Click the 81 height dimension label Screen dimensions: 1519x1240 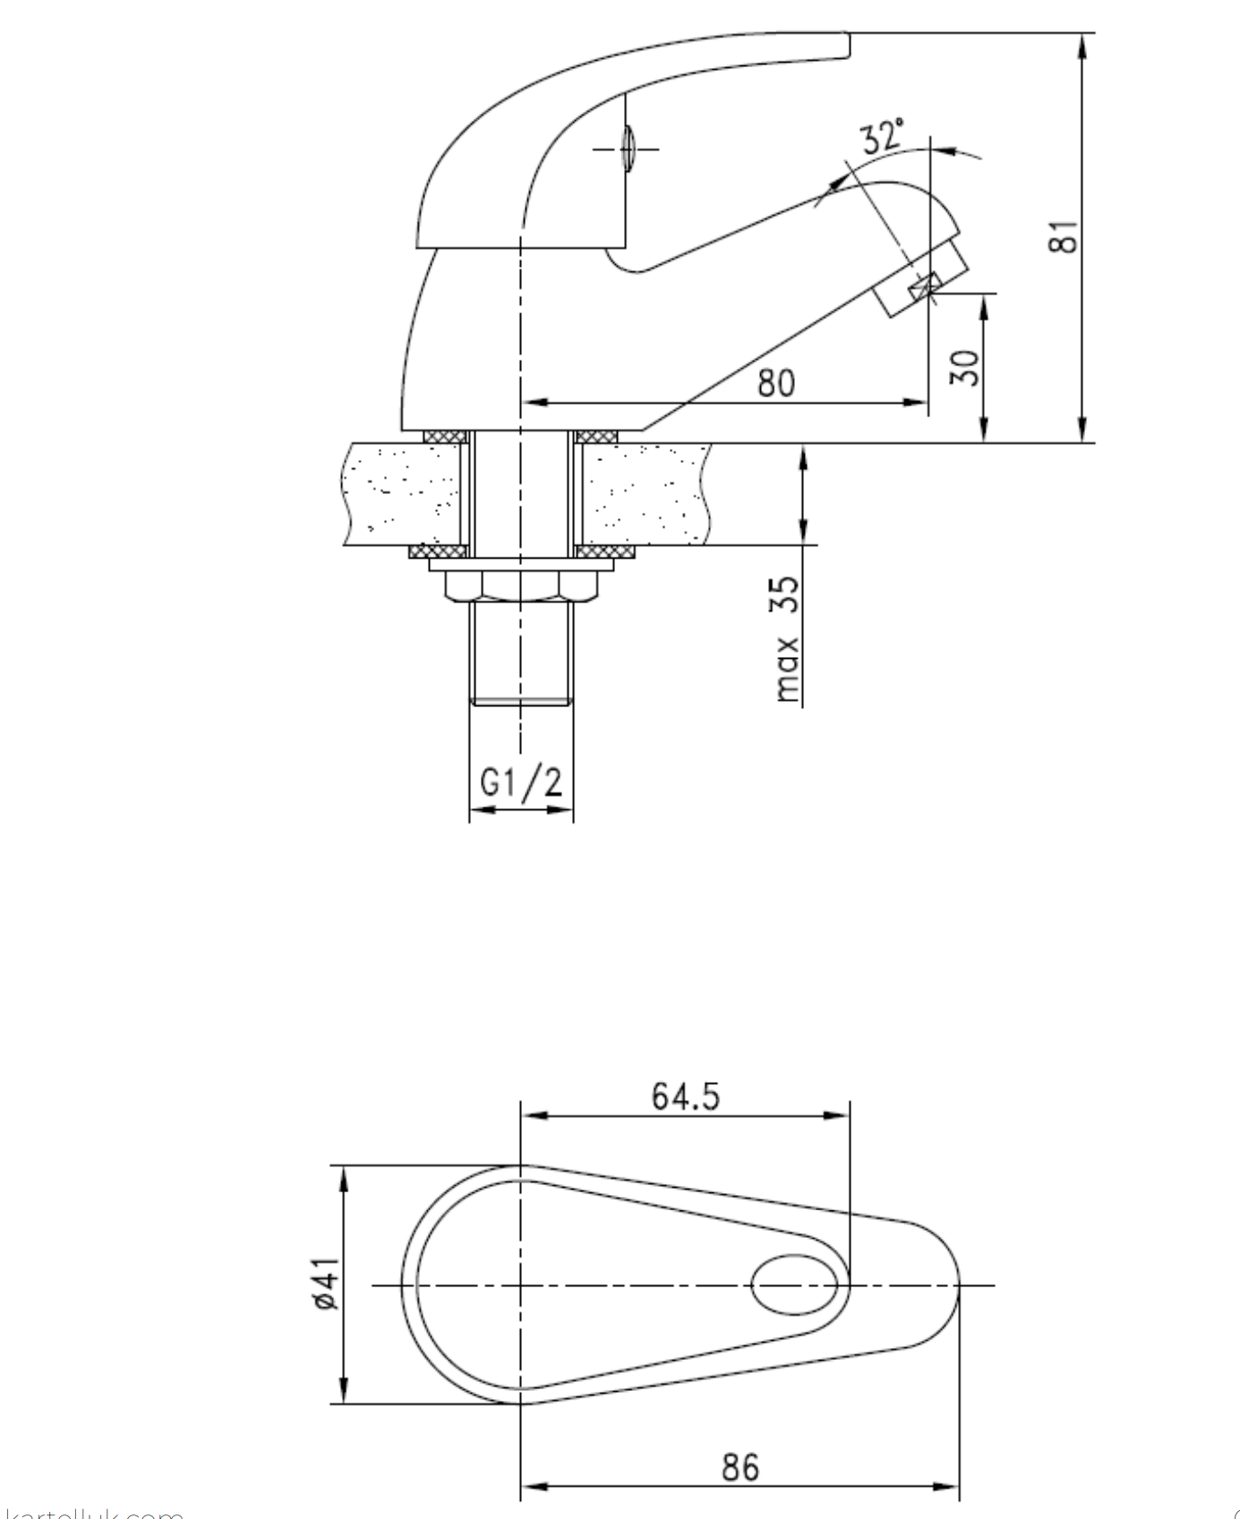pyautogui.click(x=1064, y=236)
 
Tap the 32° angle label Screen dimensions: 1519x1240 pyautogui.click(x=882, y=137)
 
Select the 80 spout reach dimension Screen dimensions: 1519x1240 pyautogui.click(x=775, y=383)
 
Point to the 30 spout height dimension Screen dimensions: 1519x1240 pyautogui.click(x=965, y=367)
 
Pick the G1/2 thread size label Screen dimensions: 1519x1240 pyautogui.click(x=521, y=782)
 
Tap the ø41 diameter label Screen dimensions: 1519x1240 pyautogui.click(x=326, y=1284)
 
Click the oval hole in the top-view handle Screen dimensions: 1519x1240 pyautogui.click(x=794, y=1284)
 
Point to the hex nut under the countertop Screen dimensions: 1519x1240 pyautogui.click(x=521, y=585)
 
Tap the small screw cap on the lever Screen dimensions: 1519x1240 pyautogui.click(x=627, y=148)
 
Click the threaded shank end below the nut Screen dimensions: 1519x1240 pyautogui.click(x=521, y=653)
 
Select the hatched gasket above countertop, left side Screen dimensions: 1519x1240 pyautogui.click(x=445, y=436)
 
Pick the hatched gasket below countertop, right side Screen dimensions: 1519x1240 pyautogui.click(x=604, y=551)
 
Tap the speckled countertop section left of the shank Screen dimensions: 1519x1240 pyautogui.click(x=403, y=493)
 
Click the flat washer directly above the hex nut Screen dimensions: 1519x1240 pyautogui.click(x=521, y=565)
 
